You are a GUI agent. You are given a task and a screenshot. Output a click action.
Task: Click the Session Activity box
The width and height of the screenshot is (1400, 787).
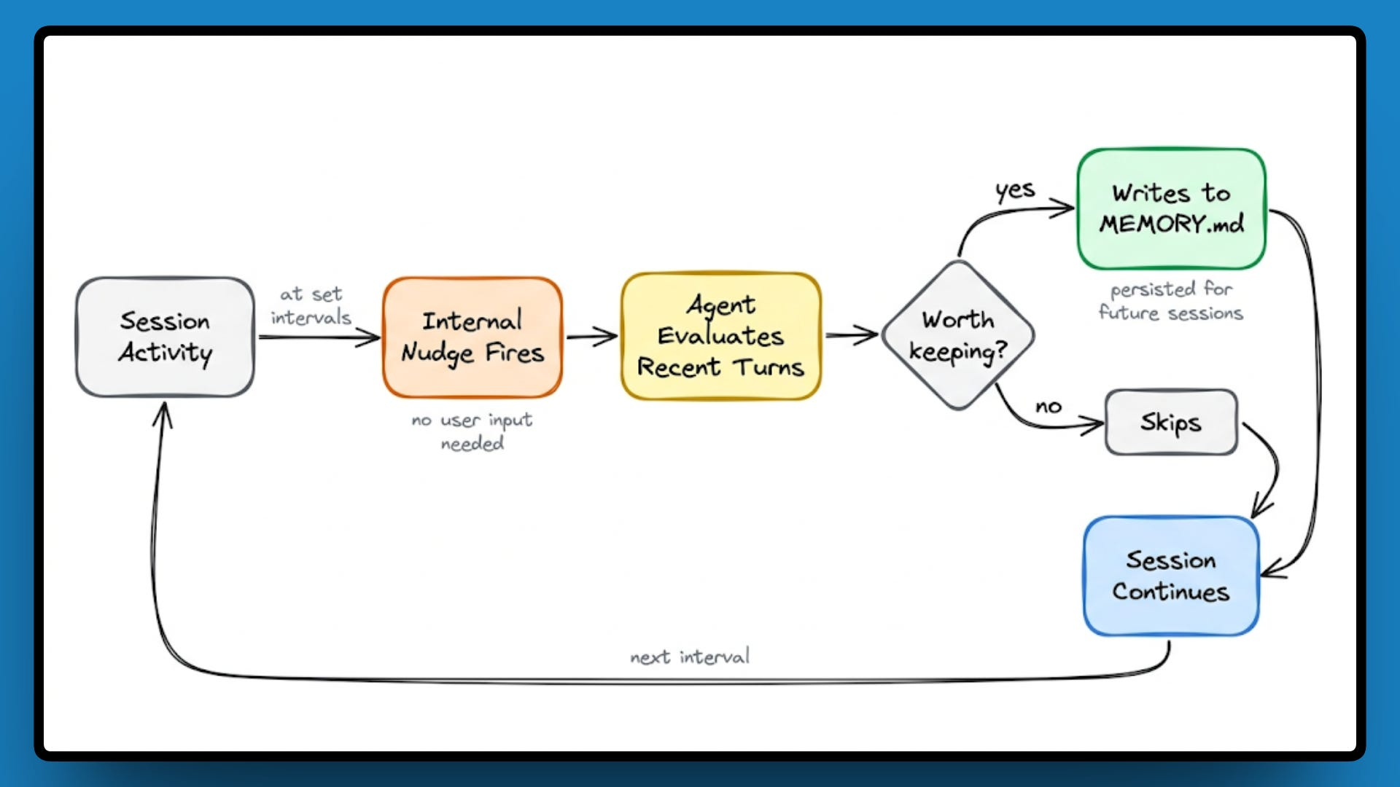(166, 337)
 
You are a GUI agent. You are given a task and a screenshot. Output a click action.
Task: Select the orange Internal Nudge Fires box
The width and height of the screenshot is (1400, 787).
(472, 337)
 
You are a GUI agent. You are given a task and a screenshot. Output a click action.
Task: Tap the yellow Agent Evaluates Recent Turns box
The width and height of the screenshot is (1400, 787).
(720, 336)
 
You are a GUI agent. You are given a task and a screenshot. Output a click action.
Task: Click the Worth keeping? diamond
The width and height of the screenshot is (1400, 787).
(957, 335)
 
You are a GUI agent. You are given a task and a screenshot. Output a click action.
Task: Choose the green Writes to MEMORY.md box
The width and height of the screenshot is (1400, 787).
(1171, 209)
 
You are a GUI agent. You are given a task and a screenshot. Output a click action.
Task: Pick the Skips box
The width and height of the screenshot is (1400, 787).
(1171, 423)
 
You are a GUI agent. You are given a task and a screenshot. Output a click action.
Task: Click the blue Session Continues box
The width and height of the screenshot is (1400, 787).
(1171, 576)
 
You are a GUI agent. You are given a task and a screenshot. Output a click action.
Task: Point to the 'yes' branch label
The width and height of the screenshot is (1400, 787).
(1015, 190)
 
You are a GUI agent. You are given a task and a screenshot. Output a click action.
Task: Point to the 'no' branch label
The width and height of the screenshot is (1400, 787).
(1049, 406)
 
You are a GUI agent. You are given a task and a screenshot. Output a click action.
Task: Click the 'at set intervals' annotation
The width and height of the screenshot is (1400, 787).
(311, 305)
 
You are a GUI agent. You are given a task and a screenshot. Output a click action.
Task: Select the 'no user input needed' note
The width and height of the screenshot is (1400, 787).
(472, 431)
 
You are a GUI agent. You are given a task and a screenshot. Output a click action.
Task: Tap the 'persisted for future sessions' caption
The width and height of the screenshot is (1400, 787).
(1171, 301)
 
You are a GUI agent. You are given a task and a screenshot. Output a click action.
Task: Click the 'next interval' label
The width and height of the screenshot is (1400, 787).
(690, 657)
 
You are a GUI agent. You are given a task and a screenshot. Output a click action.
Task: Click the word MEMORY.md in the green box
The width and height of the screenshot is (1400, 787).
(1171, 224)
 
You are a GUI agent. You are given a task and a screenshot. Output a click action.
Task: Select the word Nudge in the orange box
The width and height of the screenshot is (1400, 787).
(437, 353)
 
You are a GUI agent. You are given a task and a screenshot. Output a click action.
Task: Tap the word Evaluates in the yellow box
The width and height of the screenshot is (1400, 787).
(720, 336)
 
